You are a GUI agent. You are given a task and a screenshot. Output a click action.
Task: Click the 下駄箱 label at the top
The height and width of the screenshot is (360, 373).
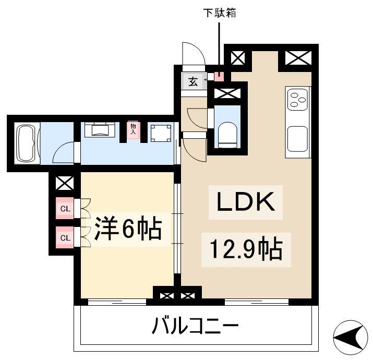pyautogui.click(x=220, y=13)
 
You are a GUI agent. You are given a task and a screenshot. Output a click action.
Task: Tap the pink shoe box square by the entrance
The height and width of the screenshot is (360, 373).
pyautogui.click(x=219, y=76)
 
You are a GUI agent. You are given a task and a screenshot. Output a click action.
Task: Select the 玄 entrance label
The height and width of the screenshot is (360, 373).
pyautogui.click(x=193, y=82)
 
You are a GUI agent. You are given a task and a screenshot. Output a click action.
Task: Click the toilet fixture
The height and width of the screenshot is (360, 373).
pyautogui.click(x=227, y=135)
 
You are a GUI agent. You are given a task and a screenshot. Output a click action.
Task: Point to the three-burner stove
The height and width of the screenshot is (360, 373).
pyautogui.click(x=297, y=99)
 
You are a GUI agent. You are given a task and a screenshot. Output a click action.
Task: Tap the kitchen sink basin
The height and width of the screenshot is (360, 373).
pyautogui.click(x=297, y=139)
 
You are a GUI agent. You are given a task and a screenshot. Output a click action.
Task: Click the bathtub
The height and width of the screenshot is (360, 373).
pyautogui.click(x=27, y=143)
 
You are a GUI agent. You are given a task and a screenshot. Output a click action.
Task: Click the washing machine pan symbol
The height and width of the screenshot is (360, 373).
pyautogui.click(x=161, y=133)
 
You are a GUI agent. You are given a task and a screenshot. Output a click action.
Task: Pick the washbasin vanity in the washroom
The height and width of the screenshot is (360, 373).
pyautogui.click(x=100, y=130)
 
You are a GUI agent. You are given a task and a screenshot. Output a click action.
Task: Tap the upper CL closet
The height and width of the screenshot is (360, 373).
pyautogui.click(x=65, y=208)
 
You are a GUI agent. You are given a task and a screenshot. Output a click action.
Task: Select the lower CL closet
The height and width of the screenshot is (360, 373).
pyautogui.click(x=65, y=237)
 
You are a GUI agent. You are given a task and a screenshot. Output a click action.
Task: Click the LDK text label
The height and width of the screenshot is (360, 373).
pyautogui.click(x=246, y=202)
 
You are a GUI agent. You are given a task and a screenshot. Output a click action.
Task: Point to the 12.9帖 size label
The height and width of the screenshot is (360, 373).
pyautogui.click(x=246, y=249)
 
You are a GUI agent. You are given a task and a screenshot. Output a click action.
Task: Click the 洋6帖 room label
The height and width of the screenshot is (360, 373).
pyautogui.click(x=128, y=229)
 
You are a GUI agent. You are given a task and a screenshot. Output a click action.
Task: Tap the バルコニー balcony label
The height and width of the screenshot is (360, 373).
pyautogui.click(x=195, y=326)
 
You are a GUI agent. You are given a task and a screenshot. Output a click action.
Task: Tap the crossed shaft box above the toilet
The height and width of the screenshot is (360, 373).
pyautogui.click(x=227, y=93)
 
